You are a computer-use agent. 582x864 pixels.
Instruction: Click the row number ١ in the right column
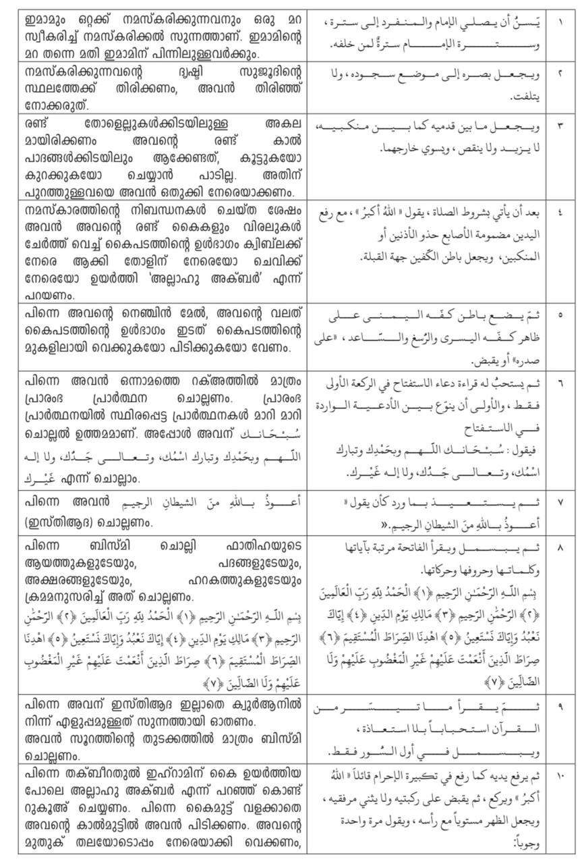click(x=561, y=22)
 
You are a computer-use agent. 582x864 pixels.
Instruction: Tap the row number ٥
click(x=561, y=315)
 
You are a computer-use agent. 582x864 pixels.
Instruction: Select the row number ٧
click(x=561, y=502)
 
